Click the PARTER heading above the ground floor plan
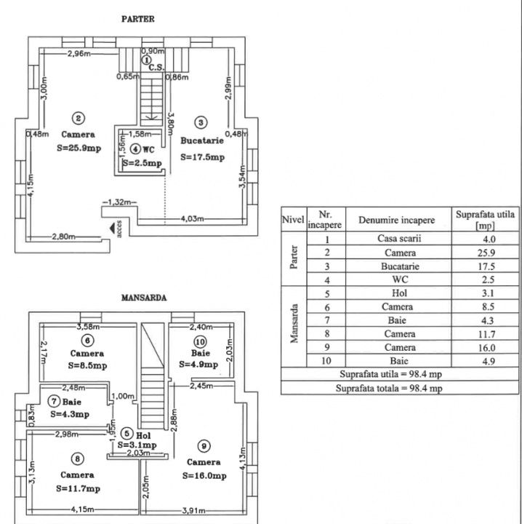pyautogui.click(x=137, y=20)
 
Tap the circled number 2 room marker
pyautogui.click(x=78, y=118)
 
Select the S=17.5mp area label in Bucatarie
pyautogui.click(x=201, y=157)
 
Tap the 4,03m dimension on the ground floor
pyautogui.click(x=191, y=218)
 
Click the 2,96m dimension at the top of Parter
pyautogui.click(x=79, y=54)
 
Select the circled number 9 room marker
pyautogui.click(x=204, y=445)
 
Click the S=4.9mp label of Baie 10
pyautogui.click(x=198, y=365)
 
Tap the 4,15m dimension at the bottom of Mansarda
pyautogui.click(x=83, y=509)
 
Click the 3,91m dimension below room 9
pyautogui.click(x=194, y=509)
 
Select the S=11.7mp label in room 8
pyautogui.click(x=78, y=488)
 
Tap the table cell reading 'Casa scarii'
pyautogui.click(x=399, y=239)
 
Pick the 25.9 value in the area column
pyautogui.click(x=486, y=253)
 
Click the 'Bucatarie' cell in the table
pyautogui.click(x=399, y=266)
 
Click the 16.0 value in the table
pyautogui.click(x=486, y=346)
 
